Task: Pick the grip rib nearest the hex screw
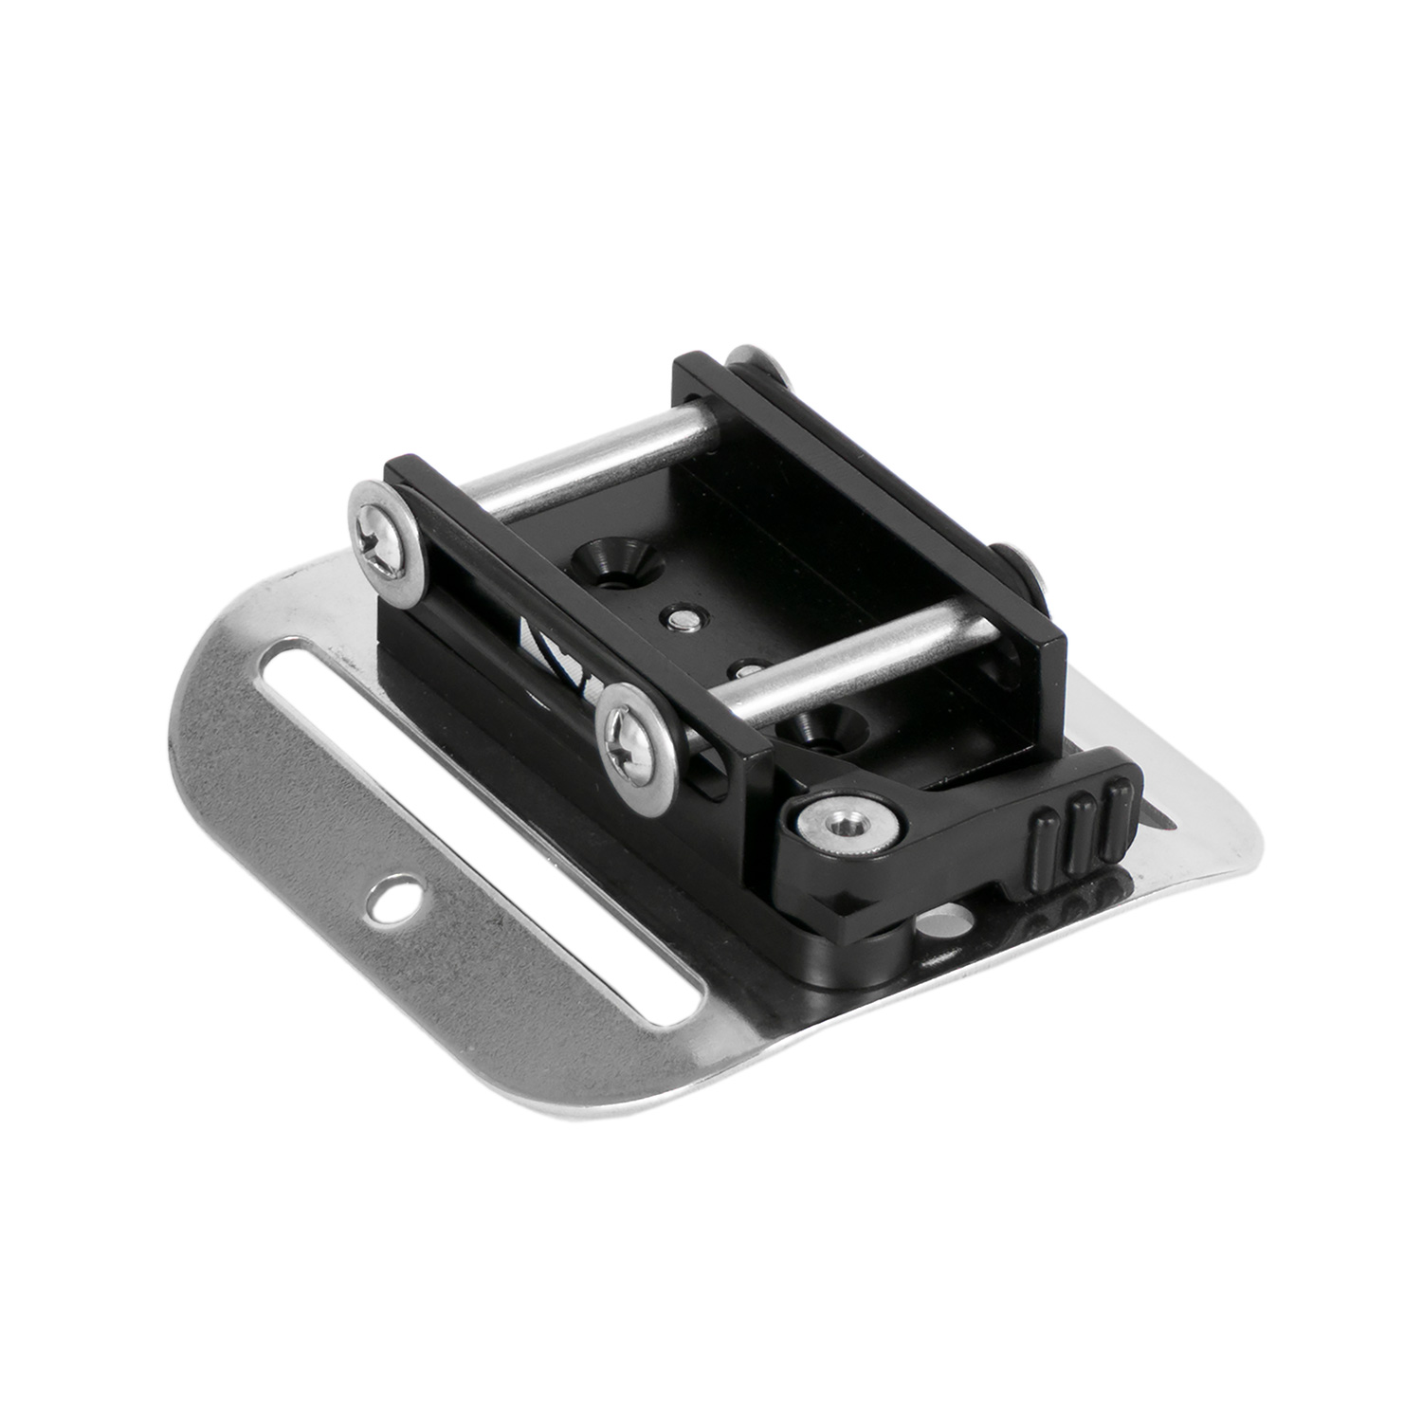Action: [x=1043, y=843]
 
